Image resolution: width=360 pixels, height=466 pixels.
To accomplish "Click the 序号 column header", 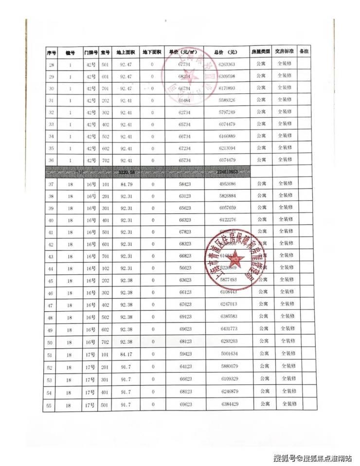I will [51, 52].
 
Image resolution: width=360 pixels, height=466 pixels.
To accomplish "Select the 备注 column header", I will [305, 51].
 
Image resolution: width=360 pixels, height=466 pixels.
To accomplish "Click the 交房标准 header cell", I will [284, 51].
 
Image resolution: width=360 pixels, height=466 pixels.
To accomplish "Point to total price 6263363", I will [227, 64].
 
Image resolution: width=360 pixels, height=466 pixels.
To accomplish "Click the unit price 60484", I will [183, 100].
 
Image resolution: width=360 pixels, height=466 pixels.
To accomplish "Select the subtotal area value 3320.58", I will [126, 172].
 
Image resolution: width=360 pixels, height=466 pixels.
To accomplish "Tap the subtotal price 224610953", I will [228, 172].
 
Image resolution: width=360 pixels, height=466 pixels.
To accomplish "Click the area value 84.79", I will [126, 184].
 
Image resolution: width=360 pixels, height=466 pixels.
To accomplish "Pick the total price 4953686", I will [228, 184].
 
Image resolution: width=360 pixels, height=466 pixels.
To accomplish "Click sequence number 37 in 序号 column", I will [51, 184].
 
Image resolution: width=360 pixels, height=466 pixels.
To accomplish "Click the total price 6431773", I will [228, 329].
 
